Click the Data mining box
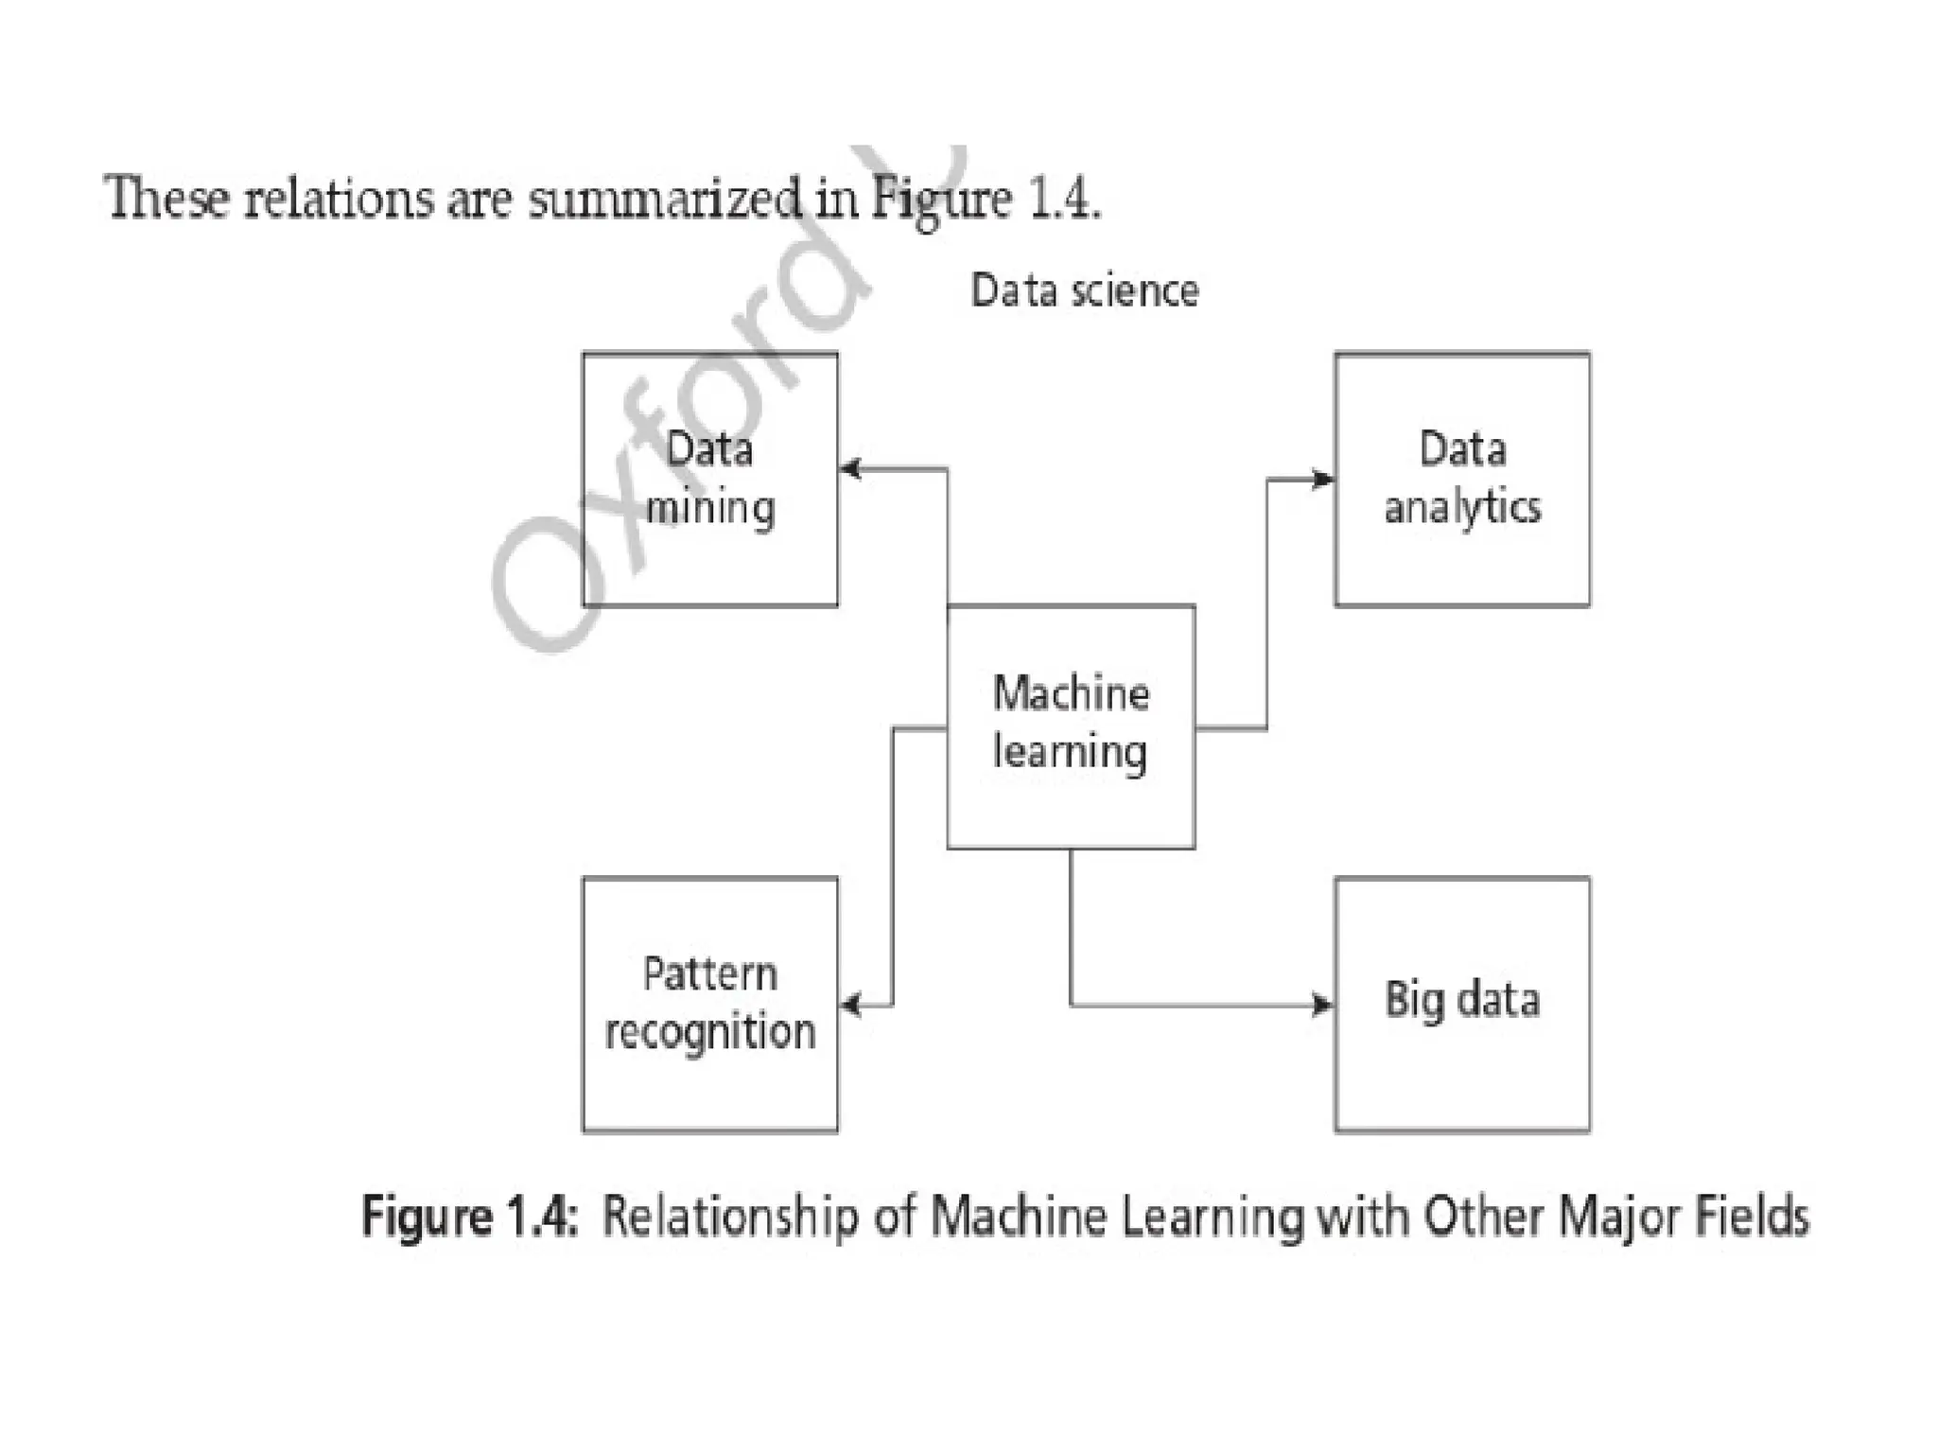[x=709, y=479]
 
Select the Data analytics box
[x=1462, y=479]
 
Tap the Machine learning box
[x=1071, y=726]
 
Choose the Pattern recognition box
[x=709, y=1004]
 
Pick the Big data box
[x=1462, y=1004]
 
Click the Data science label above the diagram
[x=1084, y=290]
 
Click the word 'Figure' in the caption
[x=426, y=1217]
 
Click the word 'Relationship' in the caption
[x=729, y=1217]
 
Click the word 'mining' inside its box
[x=709, y=509]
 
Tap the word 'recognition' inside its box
[x=709, y=1032]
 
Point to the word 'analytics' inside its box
[x=1462, y=508]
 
